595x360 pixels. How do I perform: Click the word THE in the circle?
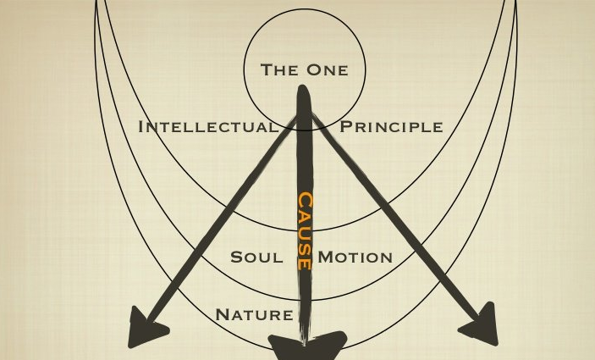(x=280, y=69)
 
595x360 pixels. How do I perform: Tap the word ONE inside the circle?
(x=328, y=69)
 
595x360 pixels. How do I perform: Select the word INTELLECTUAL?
(x=208, y=127)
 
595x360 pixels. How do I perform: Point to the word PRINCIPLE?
(x=391, y=127)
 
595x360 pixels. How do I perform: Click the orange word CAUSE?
(x=304, y=230)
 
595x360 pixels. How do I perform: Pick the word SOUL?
(x=257, y=257)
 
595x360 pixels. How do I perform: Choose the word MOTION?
(x=355, y=257)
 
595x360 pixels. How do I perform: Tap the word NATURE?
(x=254, y=315)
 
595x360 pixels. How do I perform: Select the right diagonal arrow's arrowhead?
(x=480, y=326)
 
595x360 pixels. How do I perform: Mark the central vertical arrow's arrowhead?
(x=306, y=345)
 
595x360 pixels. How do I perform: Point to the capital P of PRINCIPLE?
(x=345, y=127)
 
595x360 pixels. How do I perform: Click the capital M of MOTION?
(x=326, y=257)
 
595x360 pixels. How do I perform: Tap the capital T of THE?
(x=265, y=69)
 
